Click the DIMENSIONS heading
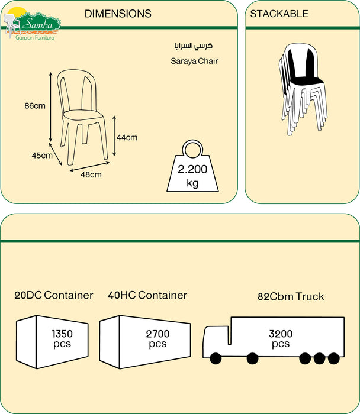(x=118, y=14)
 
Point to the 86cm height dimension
(x=35, y=106)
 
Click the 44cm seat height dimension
(x=127, y=138)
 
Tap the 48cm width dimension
(x=91, y=174)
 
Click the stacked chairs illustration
(x=302, y=89)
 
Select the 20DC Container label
(x=54, y=295)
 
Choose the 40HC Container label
(x=147, y=295)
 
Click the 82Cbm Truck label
(x=291, y=296)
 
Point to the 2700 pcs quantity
(x=157, y=338)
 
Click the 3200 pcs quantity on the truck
(x=281, y=338)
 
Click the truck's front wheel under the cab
(x=214, y=358)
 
